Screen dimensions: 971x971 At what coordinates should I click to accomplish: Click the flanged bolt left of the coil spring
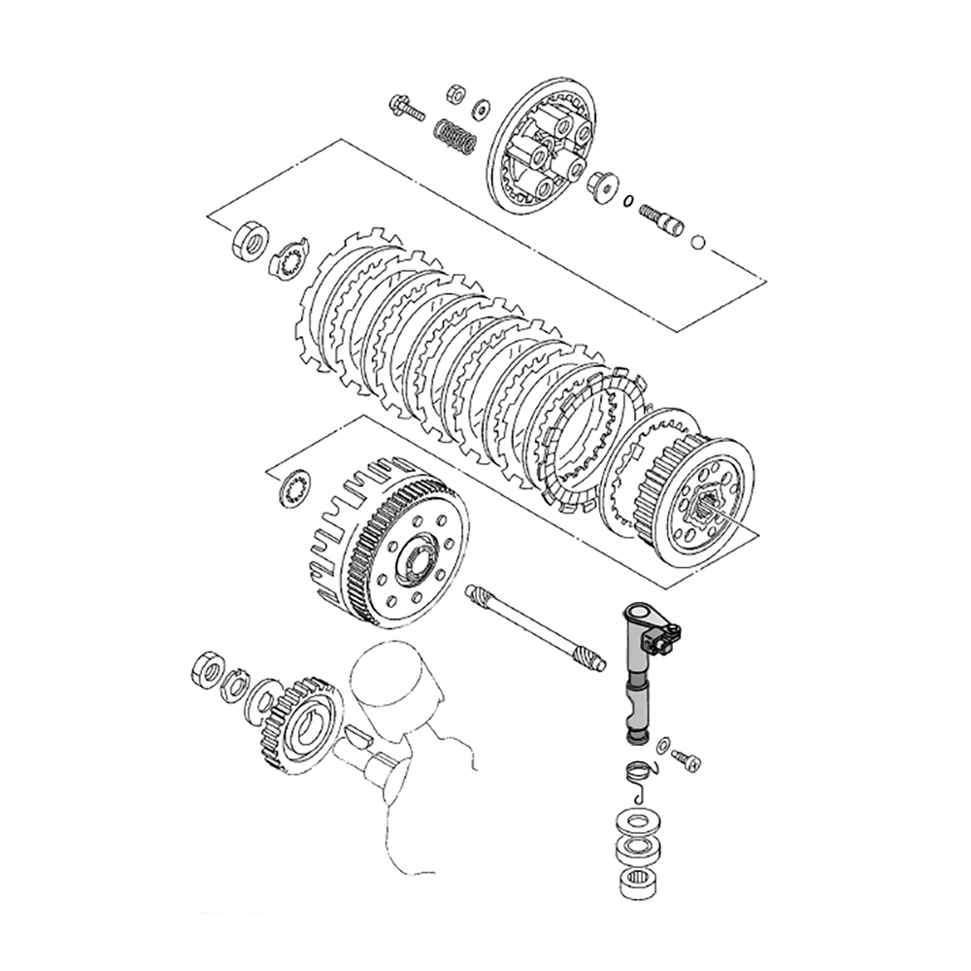coord(407,107)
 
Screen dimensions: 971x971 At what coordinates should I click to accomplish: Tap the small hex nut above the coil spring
coord(452,94)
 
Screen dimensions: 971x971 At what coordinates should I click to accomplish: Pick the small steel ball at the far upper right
coord(698,241)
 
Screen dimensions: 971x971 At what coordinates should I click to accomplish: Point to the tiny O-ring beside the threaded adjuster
coord(628,204)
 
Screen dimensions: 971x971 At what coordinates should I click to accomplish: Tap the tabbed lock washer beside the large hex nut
coord(288,257)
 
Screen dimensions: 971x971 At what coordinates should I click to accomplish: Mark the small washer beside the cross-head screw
coord(662,745)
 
